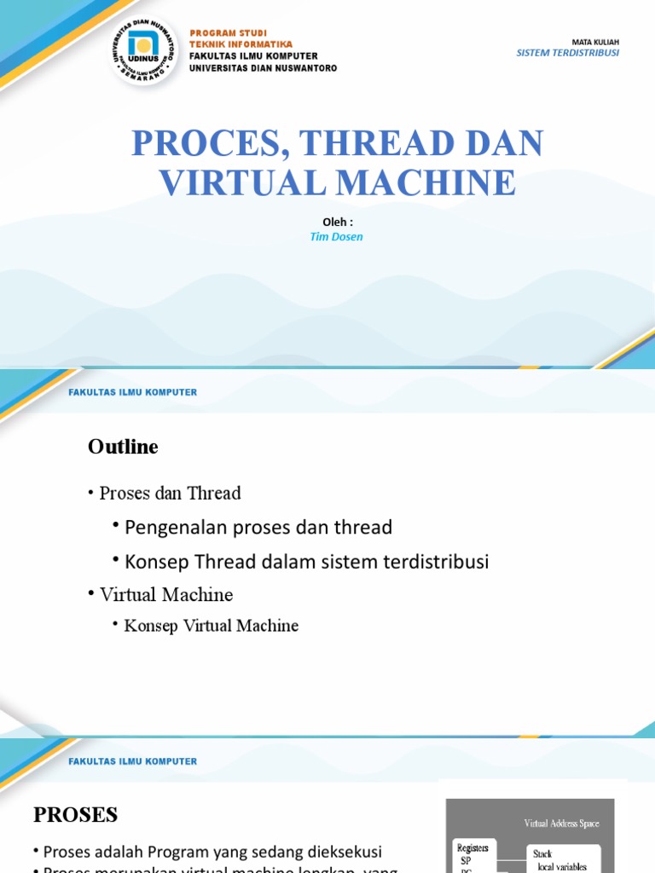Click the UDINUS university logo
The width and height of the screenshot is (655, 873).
(144, 50)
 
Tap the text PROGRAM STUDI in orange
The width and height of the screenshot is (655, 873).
(228, 33)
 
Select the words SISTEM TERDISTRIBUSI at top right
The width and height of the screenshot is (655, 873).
(567, 53)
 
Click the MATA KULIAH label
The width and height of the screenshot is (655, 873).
(595, 41)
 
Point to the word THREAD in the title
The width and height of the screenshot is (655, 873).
(364, 144)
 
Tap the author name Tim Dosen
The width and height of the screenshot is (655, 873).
(336, 237)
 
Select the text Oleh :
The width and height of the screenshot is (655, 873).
(337, 223)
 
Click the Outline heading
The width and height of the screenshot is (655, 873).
(123, 447)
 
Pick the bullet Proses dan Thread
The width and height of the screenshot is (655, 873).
(170, 494)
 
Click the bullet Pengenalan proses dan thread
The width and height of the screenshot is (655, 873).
(258, 528)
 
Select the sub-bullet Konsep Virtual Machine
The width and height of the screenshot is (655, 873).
(211, 626)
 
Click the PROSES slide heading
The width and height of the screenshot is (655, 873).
(75, 815)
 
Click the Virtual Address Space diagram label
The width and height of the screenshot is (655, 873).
(561, 824)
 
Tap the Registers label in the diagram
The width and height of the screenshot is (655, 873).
(472, 848)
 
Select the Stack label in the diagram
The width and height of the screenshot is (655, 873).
(542, 853)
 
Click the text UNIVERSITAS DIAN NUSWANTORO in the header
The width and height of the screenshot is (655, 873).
(263, 68)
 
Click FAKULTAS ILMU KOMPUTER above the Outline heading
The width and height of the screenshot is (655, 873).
(132, 392)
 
